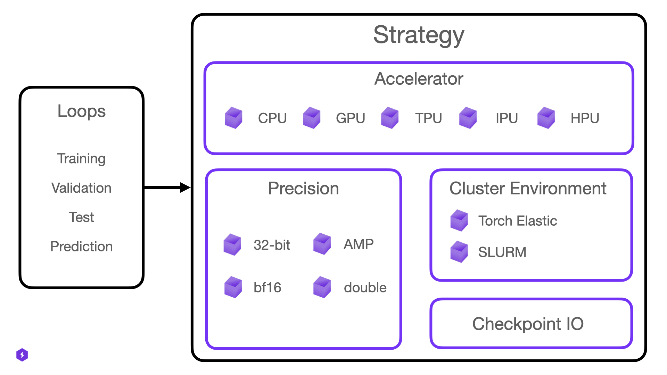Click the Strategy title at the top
tap(419, 35)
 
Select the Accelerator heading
tap(419, 79)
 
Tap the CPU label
tap(272, 118)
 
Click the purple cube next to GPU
tap(312, 118)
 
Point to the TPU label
tap(428, 118)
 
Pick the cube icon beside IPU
tap(468, 118)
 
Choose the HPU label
tap(585, 118)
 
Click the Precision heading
tap(303, 189)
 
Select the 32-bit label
tap(272, 245)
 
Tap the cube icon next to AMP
tap(322, 244)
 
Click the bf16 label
tap(267, 288)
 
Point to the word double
tap(365, 288)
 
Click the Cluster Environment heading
tap(528, 189)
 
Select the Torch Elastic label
tap(517, 221)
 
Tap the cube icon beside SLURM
tap(459, 252)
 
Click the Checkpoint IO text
tap(528, 324)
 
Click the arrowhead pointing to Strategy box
tap(185, 187)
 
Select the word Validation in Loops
tap(81, 188)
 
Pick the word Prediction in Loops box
tap(81, 247)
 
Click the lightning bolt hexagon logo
tap(22, 355)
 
